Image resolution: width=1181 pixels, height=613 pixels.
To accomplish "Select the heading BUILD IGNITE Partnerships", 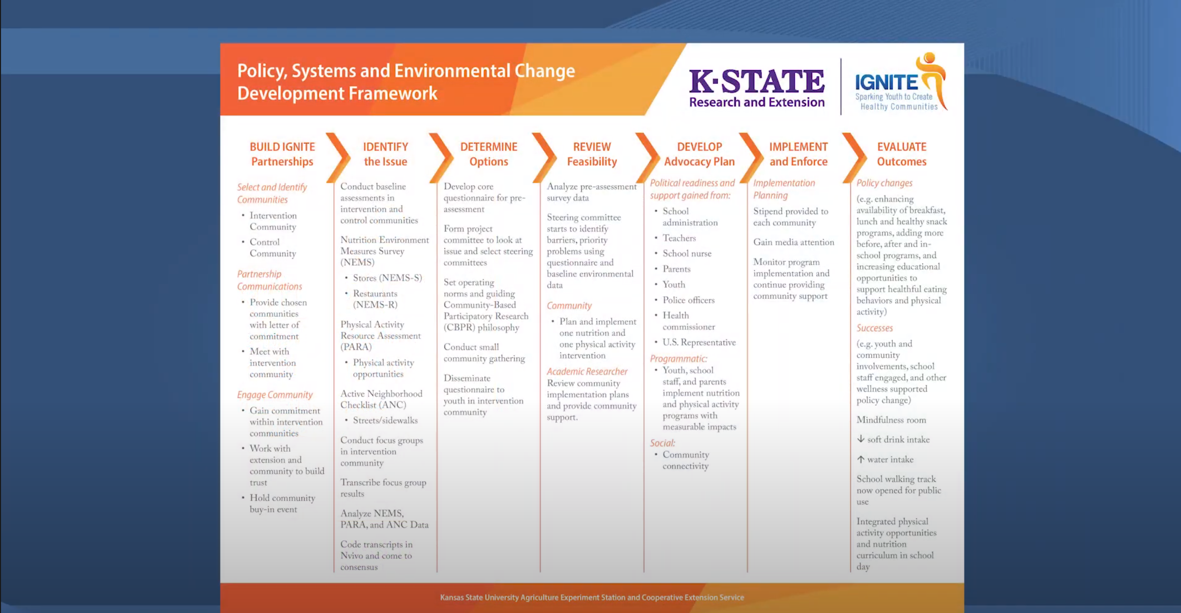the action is (x=282, y=154).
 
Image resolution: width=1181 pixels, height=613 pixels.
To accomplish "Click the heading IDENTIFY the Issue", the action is (x=385, y=154).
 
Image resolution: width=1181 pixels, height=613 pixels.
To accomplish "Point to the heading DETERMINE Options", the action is (x=489, y=154).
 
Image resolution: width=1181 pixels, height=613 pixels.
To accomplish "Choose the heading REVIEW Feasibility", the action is (x=592, y=154).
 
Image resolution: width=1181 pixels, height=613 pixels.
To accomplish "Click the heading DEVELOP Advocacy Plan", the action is (x=699, y=154).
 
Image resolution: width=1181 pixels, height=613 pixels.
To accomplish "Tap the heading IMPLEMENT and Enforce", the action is (x=798, y=154).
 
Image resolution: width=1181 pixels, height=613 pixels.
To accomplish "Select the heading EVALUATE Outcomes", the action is (x=901, y=154).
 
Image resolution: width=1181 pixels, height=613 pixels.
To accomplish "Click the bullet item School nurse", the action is (x=686, y=254).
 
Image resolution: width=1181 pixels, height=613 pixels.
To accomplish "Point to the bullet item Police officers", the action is (x=688, y=300).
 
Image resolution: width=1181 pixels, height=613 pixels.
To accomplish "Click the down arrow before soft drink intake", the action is (x=861, y=439).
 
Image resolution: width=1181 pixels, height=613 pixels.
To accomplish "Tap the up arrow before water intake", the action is (x=861, y=459).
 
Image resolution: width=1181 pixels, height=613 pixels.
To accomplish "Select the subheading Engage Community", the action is (x=275, y=395).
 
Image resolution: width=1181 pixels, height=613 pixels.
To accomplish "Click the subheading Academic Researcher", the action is (x=587, y=371).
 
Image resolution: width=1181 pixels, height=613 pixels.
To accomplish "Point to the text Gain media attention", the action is (x=794, y=242).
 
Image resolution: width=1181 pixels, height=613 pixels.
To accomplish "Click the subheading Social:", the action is (x=662, y=443).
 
